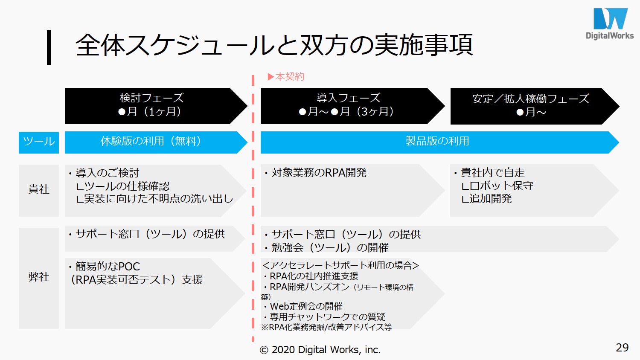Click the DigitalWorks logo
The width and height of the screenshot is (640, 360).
[x=610, y=23]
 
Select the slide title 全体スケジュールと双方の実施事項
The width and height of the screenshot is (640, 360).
[x=274, y=45]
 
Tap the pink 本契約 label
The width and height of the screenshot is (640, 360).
[x=286, y=77]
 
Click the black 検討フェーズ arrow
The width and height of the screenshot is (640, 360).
[x=156, y=106]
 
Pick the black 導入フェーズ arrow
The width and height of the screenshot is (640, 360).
[x=352, y=106]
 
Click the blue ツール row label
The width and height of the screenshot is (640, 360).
[x=39, y=142]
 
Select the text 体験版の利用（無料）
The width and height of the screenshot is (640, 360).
[x=151, y=141]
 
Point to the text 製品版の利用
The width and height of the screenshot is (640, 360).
[x=437, y=141]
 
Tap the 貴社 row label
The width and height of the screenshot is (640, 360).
[x=39, y=189]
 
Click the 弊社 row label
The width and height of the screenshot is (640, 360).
[x=39, y=277]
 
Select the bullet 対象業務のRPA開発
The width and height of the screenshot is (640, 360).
[x=316, y=173]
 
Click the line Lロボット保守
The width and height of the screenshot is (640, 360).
[x=497, y=186]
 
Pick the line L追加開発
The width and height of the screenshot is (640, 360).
[x=486, y=199]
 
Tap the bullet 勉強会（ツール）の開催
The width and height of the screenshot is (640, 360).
[x=326, y=248]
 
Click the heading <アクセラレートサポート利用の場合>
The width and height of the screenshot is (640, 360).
[x=340, y=265]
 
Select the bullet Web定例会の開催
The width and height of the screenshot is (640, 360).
[x=303, y=307]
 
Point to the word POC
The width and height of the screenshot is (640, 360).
[x=129, y=267]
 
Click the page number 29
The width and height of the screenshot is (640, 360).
[x=622, y=348]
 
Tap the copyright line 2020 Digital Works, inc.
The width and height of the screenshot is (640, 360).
[x=320, y=350]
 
